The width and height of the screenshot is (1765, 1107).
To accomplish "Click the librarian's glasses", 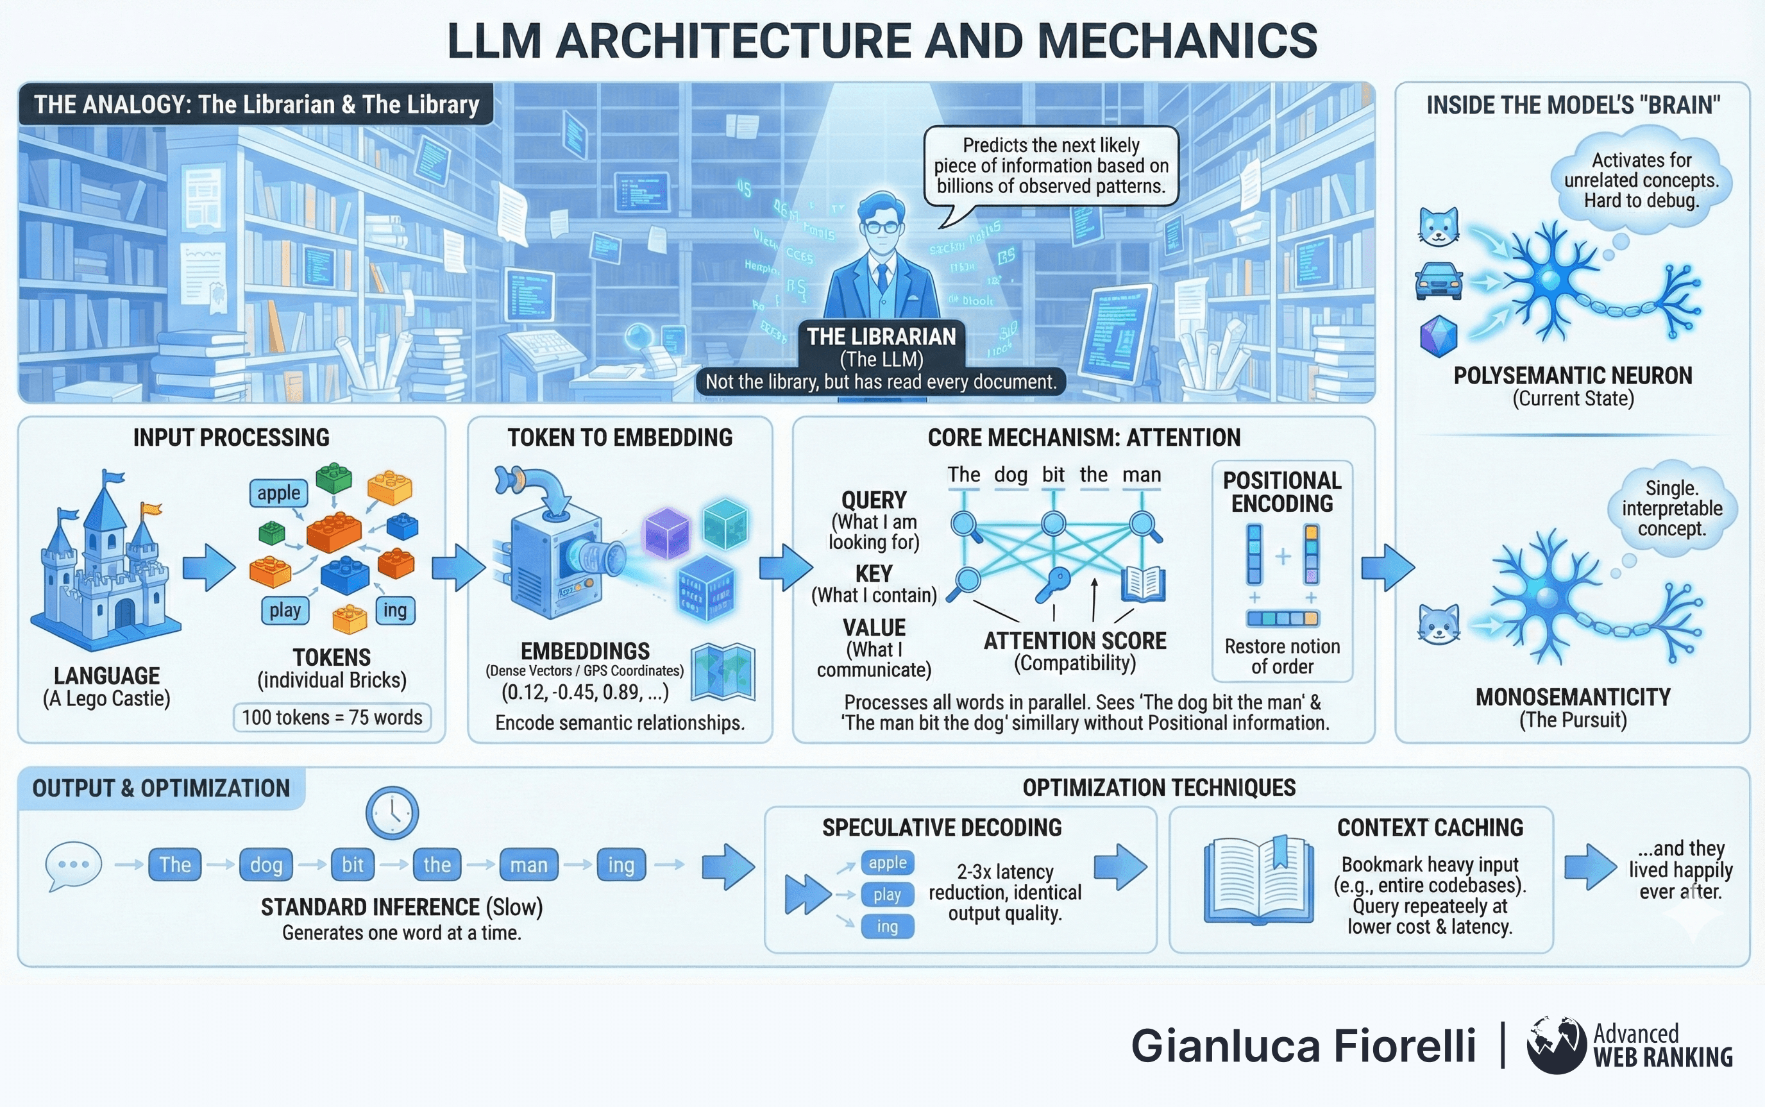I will click(881, 227).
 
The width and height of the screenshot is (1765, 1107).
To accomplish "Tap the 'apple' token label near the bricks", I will click(278, 493).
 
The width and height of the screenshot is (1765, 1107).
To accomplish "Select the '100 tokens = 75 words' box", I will click(332, 718).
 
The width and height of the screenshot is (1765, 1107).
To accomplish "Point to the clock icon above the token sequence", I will click(392, 813).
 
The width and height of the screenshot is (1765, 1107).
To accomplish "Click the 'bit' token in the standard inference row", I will click(352, 865).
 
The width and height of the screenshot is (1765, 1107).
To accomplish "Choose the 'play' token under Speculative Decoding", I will click(887, 895).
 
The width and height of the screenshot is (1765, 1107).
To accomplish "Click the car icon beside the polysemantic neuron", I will click(1439, 282).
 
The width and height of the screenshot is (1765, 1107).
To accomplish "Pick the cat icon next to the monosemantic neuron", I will click(1439, 624).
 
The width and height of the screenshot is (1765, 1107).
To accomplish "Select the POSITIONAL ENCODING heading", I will click(1282, 492).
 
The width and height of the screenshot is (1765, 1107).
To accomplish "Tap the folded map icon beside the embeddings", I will click(723, 672).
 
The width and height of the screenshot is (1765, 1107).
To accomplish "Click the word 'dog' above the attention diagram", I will click(1010, 475).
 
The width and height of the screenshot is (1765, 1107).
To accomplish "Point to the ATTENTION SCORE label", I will click(1075, 641).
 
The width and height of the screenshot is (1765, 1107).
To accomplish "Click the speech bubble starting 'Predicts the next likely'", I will click(1051, 166).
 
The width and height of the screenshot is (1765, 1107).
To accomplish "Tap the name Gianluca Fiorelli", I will click(1303, 1045).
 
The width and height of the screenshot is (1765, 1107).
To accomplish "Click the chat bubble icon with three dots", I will click(72, 865).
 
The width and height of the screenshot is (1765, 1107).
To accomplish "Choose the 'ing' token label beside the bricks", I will click(394, 610).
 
